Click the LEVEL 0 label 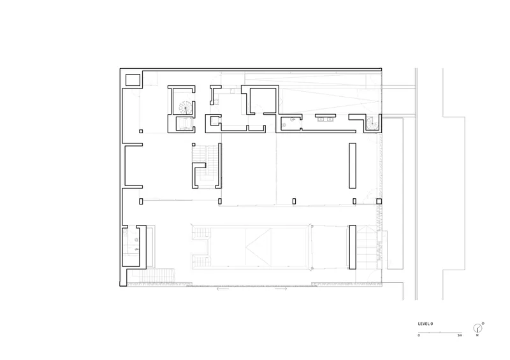[x=425, y=324]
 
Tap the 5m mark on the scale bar [x=460, y=335]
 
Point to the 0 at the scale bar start [x=419, y=335]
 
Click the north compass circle [x=477, y=328]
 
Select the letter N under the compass [x=477, y=335]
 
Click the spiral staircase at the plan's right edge [x=372, y=123]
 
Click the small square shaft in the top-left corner [x=133, y=80]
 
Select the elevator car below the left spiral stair [x=184, y=124]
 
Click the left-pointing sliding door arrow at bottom [x=222, y=289]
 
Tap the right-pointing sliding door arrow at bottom [x=281, y=289]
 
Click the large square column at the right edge [x=379, y=201]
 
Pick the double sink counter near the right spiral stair [x=325, y=117]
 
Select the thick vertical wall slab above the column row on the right [x=353, y=166]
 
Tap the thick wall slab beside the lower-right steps [x=353, y=247]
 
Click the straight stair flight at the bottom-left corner [x=157, y=276]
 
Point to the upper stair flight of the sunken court [x=201, y=233]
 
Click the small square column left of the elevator [x=141, y=131]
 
